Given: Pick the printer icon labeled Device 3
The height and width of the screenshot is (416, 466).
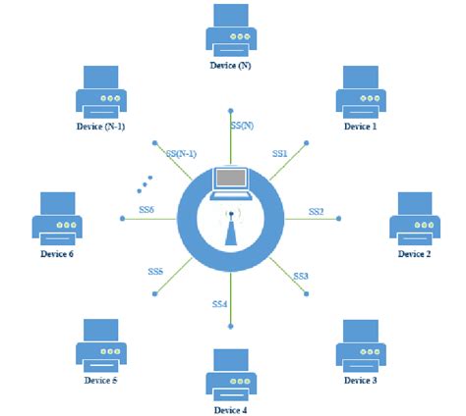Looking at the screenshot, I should (361, 342).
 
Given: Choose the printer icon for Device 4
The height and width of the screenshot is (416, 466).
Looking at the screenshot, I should (232, 370).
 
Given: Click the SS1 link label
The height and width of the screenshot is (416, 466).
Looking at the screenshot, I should (279, 154).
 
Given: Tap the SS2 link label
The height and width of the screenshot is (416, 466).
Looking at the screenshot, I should (316, 211).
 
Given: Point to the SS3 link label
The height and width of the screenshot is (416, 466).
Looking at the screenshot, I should (301, 277).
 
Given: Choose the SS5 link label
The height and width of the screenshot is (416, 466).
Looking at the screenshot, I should (155, 271).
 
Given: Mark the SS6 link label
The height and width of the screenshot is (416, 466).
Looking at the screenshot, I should (146, 210).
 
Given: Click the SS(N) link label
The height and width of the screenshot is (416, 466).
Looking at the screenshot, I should (242, 126).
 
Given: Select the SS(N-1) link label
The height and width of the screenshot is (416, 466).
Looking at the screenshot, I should (182, 154).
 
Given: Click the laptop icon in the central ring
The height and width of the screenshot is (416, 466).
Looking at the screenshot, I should (232, 180).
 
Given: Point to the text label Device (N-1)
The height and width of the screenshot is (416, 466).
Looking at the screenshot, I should (102, 127).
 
